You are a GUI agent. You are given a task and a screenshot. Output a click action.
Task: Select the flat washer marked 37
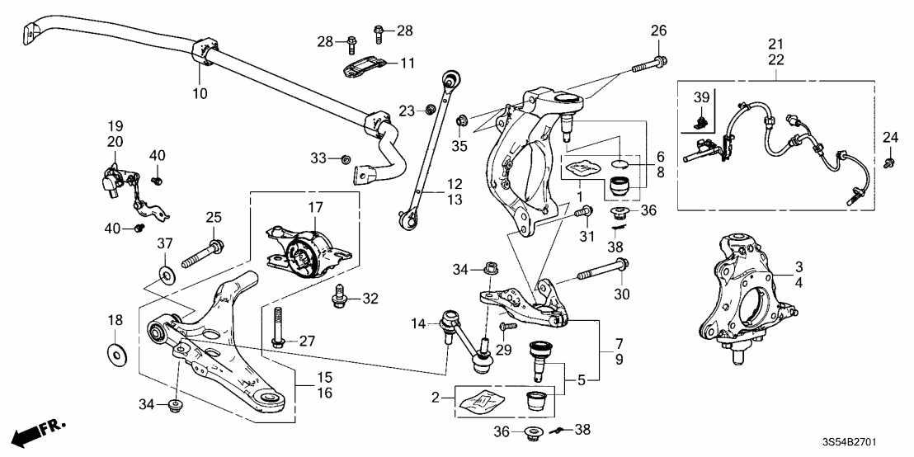click(166, 273)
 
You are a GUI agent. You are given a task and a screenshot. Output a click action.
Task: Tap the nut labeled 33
click(346, 158)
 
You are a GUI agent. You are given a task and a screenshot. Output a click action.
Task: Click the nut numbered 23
click(430, 110)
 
